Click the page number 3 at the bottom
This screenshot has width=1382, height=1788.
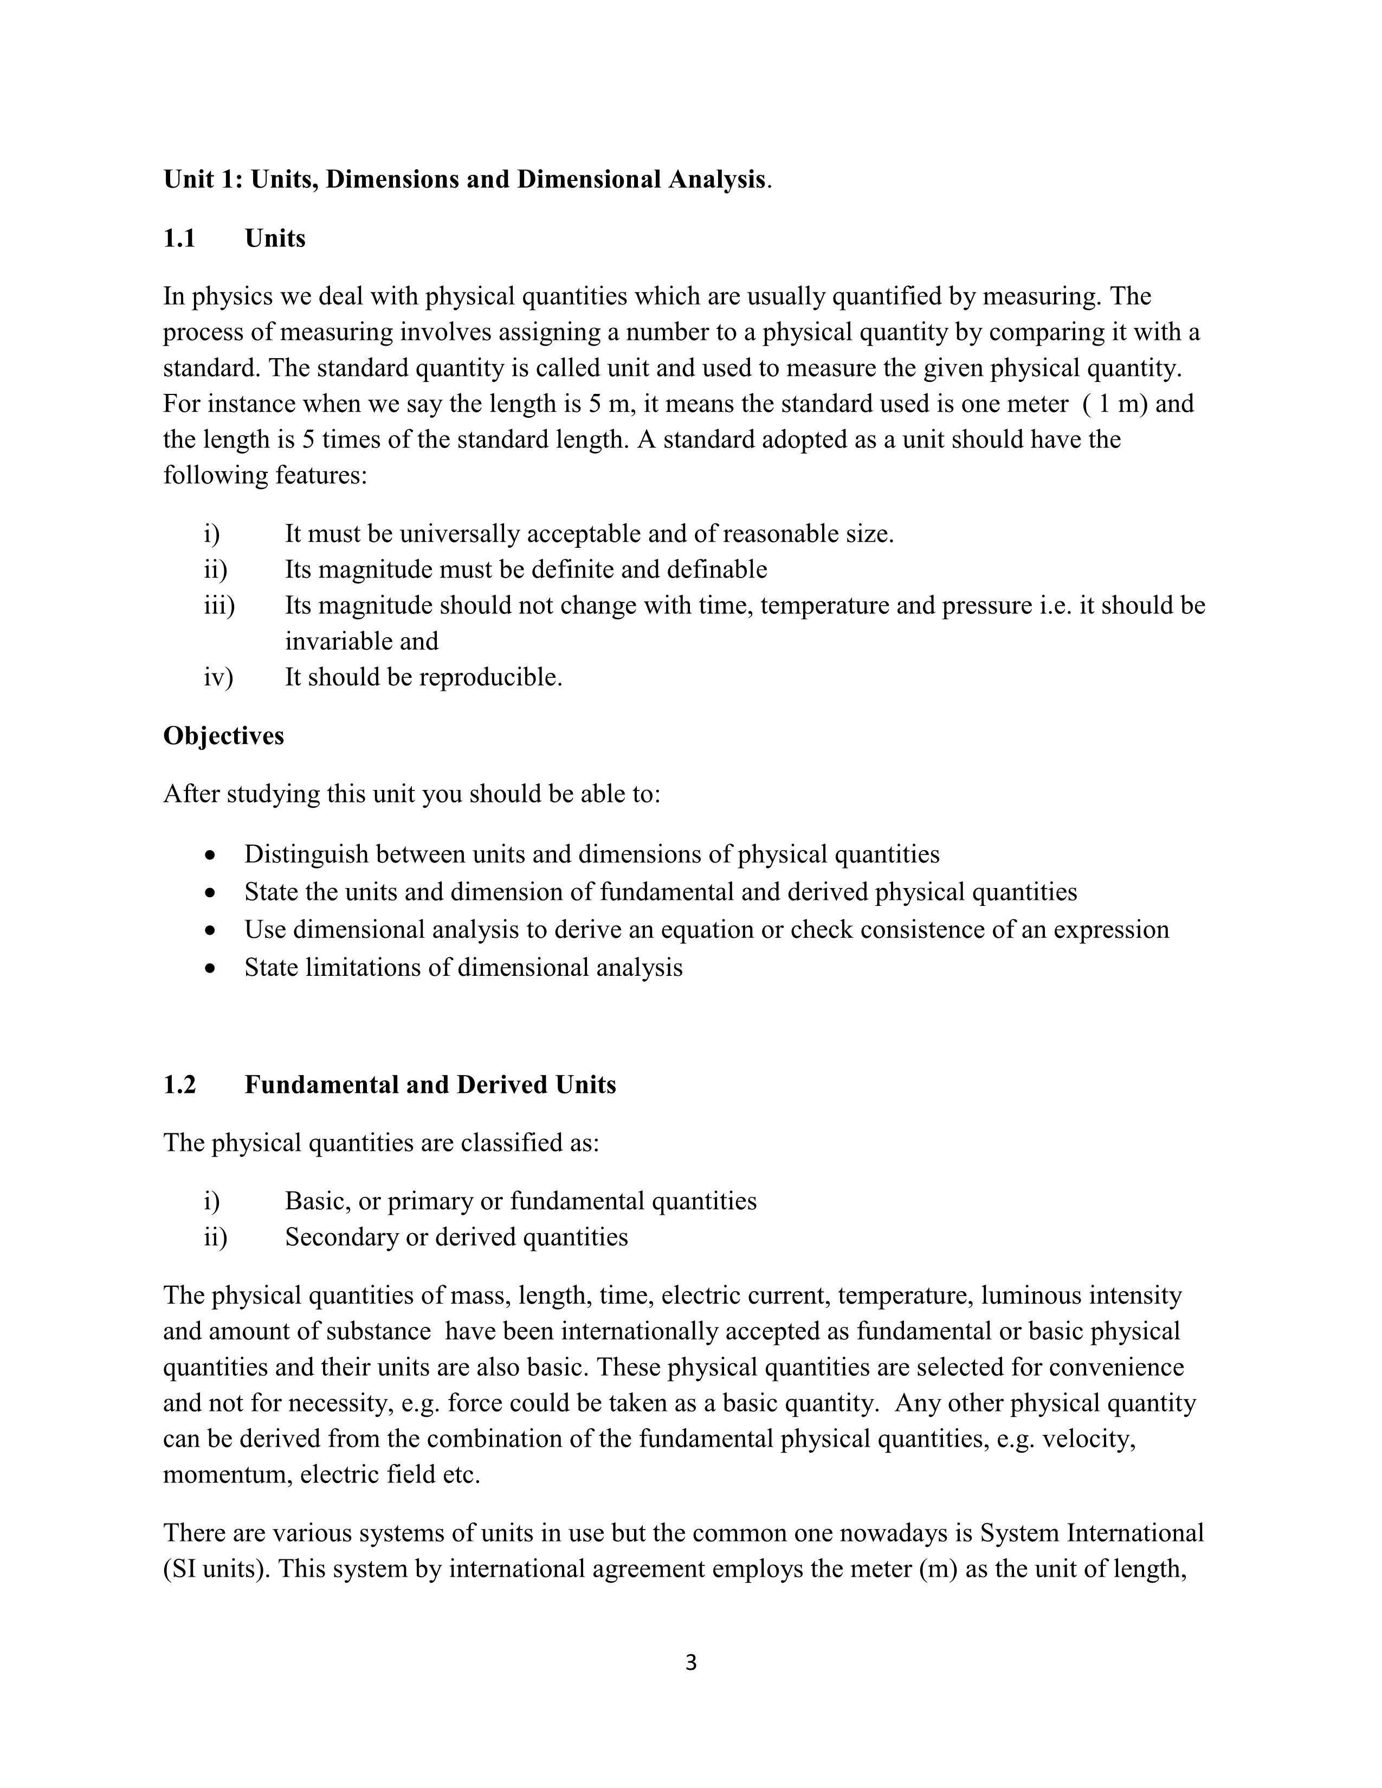pos(690,1663)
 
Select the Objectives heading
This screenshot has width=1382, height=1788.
pos(223,735)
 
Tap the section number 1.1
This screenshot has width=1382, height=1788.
pos(179,238)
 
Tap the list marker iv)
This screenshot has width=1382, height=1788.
pos(218,677)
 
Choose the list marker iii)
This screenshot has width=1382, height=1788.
pos(218,605)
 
